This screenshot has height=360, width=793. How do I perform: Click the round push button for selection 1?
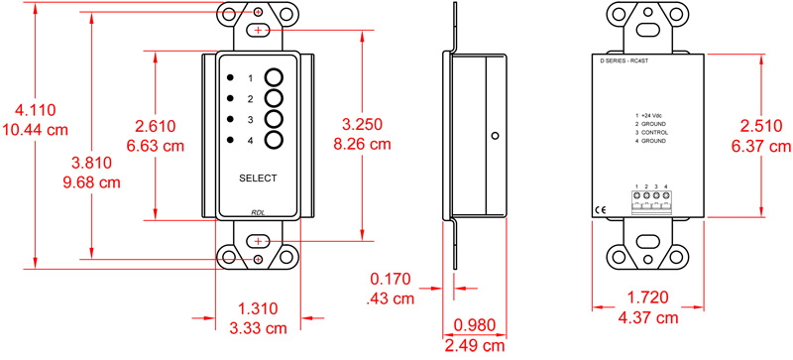(274, 77)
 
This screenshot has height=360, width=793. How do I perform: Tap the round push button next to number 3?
(274, 119)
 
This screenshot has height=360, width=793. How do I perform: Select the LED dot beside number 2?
(231, 98)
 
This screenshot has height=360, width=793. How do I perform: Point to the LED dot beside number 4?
(231, 140)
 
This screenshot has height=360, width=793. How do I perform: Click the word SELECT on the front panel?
(258, 179)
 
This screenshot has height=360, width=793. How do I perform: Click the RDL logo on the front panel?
(258, 212)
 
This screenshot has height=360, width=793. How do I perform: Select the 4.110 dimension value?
(36, 109)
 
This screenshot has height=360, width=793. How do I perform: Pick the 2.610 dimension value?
(155, 126)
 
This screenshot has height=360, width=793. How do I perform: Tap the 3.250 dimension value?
(362, 124)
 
